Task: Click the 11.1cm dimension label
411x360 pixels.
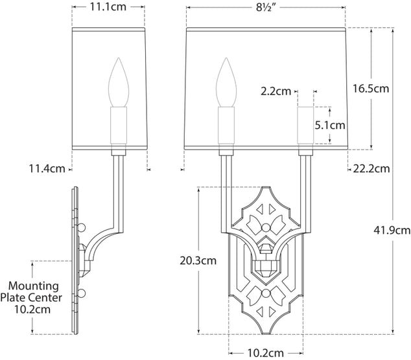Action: [x=108, y=8]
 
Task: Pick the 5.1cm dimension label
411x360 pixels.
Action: [x=329, y=125]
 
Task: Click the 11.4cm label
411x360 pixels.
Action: [x=47, y=170]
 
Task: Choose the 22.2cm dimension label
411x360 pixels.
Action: [x=371, y=169]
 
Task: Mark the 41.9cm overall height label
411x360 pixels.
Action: [x=392, y=230]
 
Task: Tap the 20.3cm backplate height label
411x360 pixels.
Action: [x=198, y=261]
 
